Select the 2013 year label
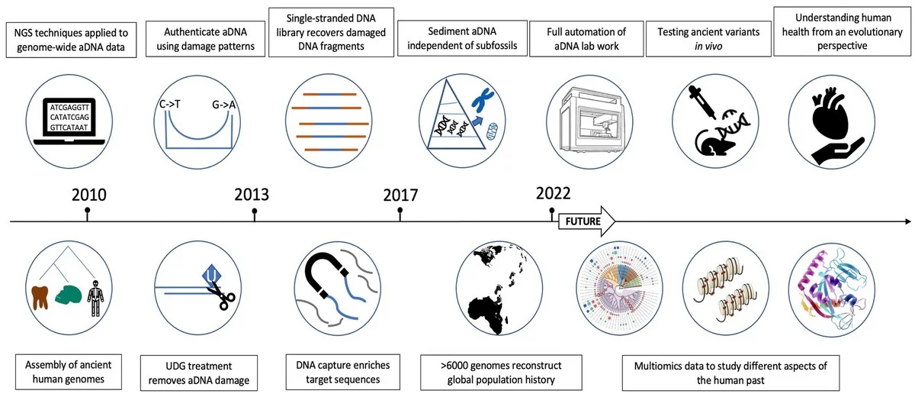tap(252, 193)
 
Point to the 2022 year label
tap(553, 192)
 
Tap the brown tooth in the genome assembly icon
tap(40, 296)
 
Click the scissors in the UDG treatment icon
tap(220, 295)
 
